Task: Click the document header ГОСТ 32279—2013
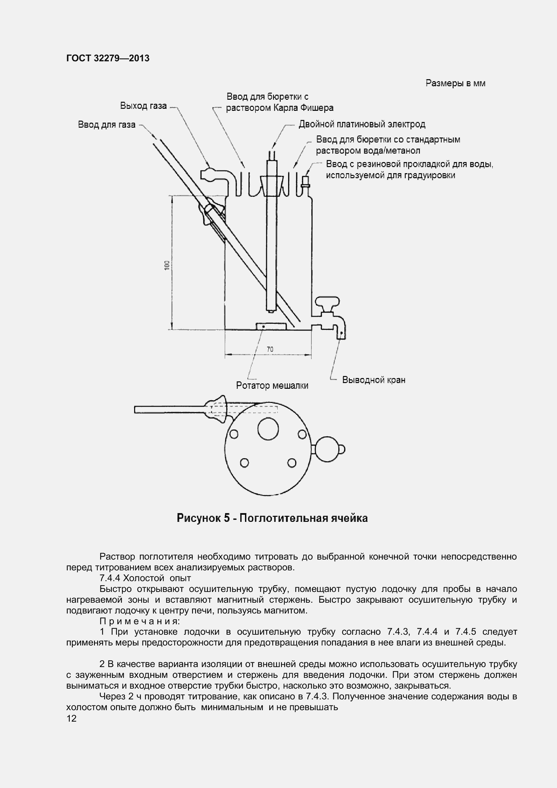click(108, 58)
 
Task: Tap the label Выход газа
click(143, 106)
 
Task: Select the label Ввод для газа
click(106, 125)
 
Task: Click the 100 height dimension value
click(167, 265)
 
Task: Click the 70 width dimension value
click(270, 349)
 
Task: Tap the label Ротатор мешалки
click(272, 386)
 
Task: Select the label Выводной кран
click(373, 380)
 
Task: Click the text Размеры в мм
click(455, 84)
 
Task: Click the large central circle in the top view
click(268, 429)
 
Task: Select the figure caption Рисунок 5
click(272, 518)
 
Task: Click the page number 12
click(71, 718)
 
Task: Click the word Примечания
click(140, 621)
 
